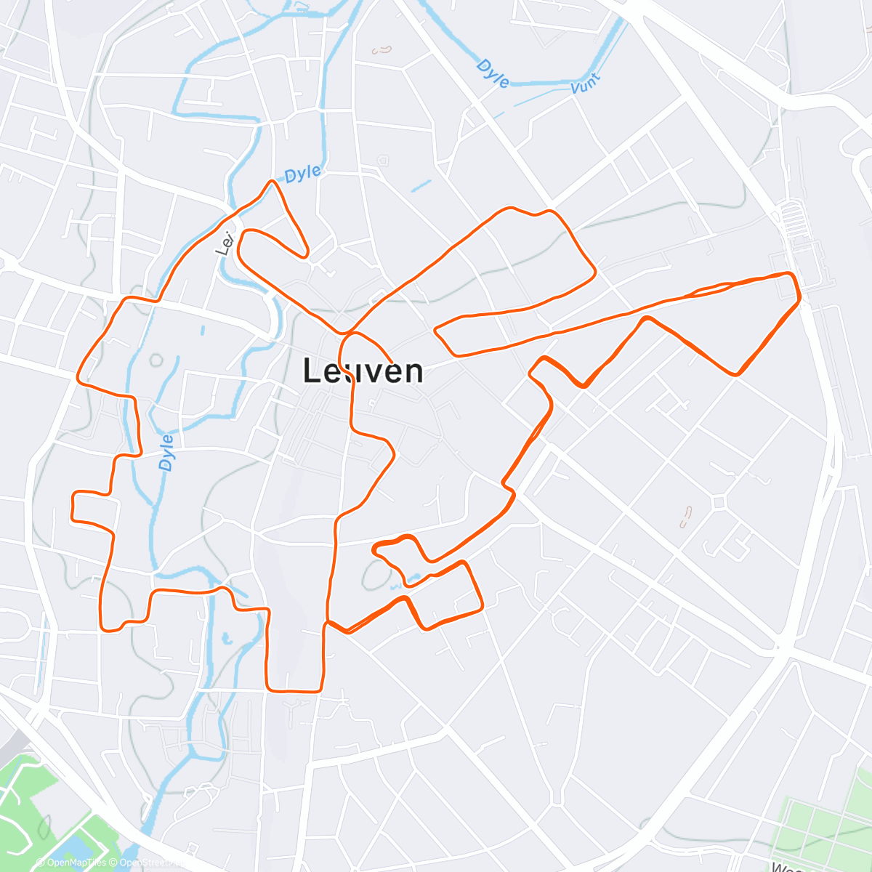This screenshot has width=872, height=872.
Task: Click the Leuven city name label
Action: click(363, 371)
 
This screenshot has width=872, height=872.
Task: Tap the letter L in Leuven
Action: click(311, 371)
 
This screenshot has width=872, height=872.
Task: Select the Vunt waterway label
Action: click(586, 84)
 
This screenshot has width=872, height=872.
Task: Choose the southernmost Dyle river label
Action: click(166, 452)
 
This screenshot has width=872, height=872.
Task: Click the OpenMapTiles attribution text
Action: click(76, 863)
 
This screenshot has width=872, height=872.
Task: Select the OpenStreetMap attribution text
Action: click(149, 863)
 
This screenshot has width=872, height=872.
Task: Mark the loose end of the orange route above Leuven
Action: click(392, 361)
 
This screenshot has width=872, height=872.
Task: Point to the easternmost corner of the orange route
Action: click(800, 297)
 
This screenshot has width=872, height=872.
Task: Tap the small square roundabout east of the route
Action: click(720, 502)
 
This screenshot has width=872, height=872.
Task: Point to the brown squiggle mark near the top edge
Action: click(381, 50)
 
